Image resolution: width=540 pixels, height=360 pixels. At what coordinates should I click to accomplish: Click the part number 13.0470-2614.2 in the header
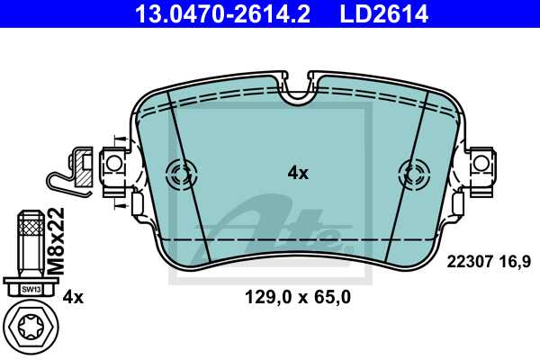(x=224, y=13)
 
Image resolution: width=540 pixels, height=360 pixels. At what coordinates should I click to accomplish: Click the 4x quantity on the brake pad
(x=297, y=173)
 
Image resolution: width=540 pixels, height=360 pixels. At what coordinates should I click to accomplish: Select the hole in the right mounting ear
(x=482, y=163)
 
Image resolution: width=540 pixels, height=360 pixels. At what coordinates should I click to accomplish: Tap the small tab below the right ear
(x=460, y=205)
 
